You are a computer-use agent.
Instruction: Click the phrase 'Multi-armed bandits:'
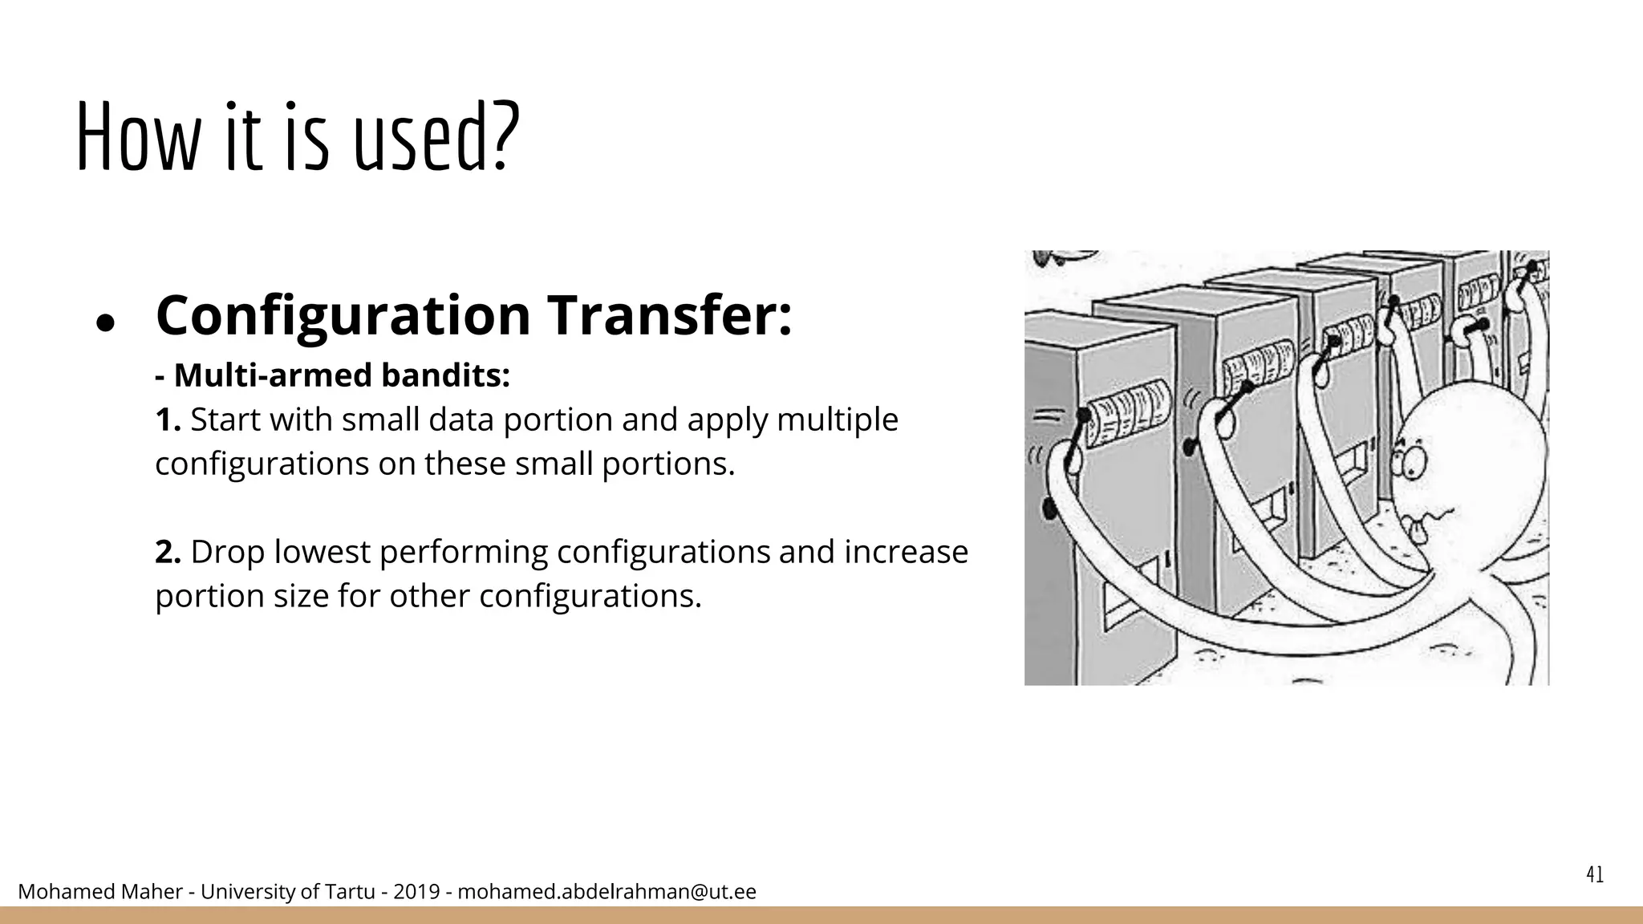(x=341, y=375)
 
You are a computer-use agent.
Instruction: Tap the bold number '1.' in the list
(x=168, y=419)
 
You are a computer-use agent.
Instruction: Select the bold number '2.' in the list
(x=168, y=552)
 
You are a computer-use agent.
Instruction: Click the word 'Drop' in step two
(x=227, y=552)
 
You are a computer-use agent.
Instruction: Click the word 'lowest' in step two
(x=321, y=552)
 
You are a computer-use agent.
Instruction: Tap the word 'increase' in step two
(x=906, y=552)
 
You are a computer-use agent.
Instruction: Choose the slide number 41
(x=1595, y=875)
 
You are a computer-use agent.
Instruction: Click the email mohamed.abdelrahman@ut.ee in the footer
(x=606, y=892)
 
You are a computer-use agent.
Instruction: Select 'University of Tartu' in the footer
(x=287, y=892)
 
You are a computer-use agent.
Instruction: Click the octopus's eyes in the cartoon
(x=1406, y=460)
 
